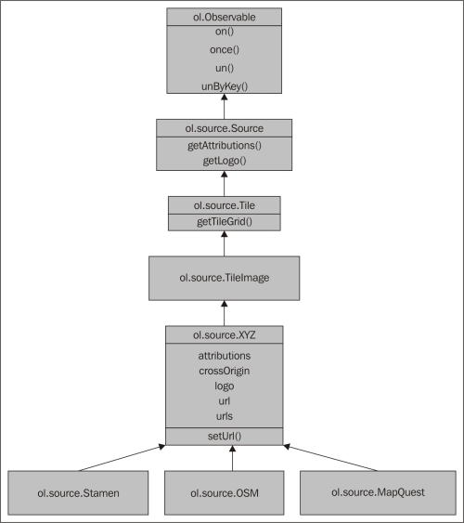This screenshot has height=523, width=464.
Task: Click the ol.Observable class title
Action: click(x=225, y=17)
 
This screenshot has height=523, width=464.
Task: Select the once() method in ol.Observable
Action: click(x=225, y=49)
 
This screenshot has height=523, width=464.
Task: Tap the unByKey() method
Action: click(x=225, y=86)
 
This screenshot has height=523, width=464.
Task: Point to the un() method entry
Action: click(x=225, y=68)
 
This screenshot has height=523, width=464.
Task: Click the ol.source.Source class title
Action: click(x=225, y=128)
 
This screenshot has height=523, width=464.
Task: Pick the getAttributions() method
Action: click(x=225, y=146)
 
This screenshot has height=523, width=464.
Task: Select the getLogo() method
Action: click(x=225, y=161)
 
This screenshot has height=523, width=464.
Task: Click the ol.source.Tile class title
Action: click(x=225, y=205)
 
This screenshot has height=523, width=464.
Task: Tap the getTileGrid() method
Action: click(x=225, y=221)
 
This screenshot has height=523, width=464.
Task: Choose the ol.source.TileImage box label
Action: click(x=225, y=278)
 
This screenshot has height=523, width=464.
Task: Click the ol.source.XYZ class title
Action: click(x=225, y=334)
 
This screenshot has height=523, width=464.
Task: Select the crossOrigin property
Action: click(x=225, y=371)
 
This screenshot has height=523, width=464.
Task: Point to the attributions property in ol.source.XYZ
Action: click(x=225, y=356)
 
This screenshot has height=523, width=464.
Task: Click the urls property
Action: click(x=225, y=416)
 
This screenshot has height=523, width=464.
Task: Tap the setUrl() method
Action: click(x=225, y=437)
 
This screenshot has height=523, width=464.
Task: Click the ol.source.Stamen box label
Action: click(x=78, y=493)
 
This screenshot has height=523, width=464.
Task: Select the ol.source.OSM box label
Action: click(x=225, y=493)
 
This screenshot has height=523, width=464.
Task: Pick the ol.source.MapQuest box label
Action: click(x=378, y=492)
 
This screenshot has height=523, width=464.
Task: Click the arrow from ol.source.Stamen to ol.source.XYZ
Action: click(x=122, y=458)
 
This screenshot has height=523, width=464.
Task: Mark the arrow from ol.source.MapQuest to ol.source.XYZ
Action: click(x=330, y=458)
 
